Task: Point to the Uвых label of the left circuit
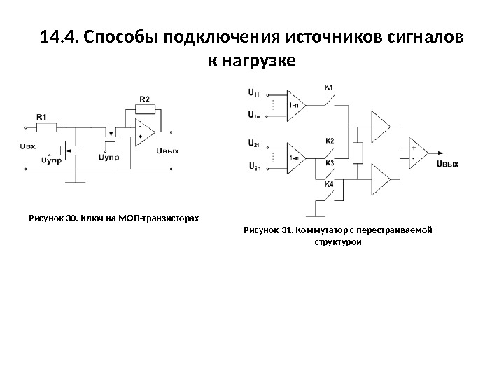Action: point(168,149)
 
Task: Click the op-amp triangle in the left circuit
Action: point(145,132)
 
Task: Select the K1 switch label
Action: point(330,87)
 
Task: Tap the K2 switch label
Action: point(330,141)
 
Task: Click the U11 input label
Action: point(253,92)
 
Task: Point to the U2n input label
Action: point(253,167)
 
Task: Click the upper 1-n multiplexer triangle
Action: point(296,104)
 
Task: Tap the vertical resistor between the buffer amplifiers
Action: point(357,152)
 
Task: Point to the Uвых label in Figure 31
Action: point(447,164)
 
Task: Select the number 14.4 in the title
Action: point(59,37)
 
